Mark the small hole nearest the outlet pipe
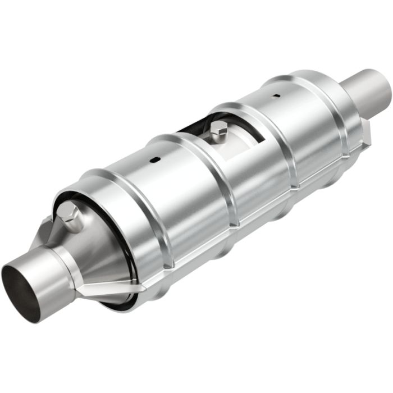pyautogui.click(x=276, y=96)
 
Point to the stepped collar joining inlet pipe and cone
pyautogui.click(x=67, y=261)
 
